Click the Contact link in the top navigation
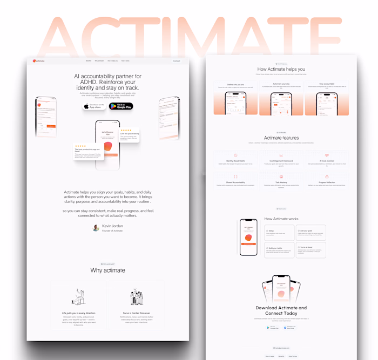(x=177, y=61)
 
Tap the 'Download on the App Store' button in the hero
(x=94, y=106)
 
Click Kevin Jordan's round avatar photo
(x=96, y=228)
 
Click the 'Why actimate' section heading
(x=107, y=270)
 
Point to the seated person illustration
(x=79, y=297)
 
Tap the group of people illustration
(x=137, y=297)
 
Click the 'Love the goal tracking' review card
(x=130, y=134)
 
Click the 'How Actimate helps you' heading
(x=281, y=69)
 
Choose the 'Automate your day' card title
(x=281, y=84)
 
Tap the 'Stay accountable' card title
(x=326, y=84)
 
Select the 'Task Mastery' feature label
(x=281, y=182)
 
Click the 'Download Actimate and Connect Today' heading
(x=281, y=311)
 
